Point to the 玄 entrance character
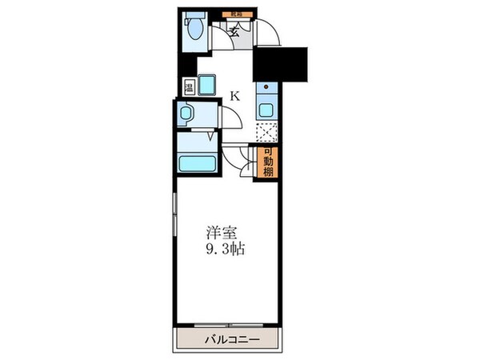coord(234,32)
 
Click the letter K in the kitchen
coord(234,96)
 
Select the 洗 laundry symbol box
coord(189,87)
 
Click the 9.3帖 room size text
coord(224,249)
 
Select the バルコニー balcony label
coord(228,340)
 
